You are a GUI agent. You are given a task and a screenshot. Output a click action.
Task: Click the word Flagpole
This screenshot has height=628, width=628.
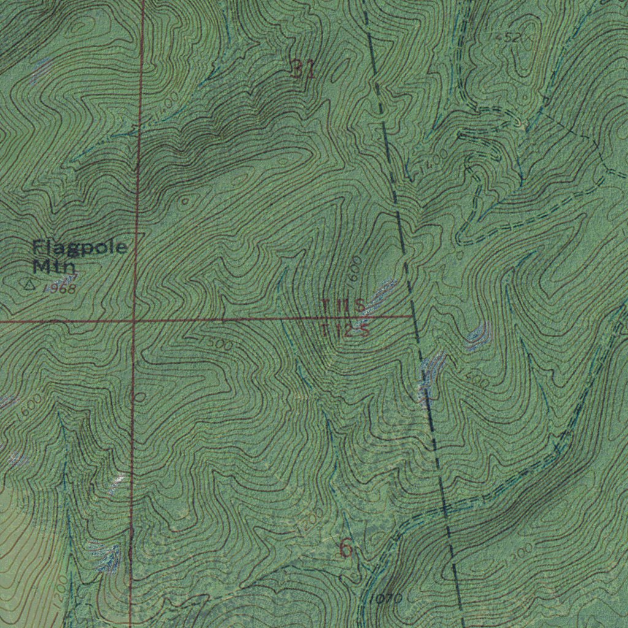click(x=80, y=248)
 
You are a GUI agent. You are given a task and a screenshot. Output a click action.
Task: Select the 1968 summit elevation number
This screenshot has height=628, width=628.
click(x=59, y=289)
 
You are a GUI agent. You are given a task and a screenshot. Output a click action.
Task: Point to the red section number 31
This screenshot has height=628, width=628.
click(x=304, y=71)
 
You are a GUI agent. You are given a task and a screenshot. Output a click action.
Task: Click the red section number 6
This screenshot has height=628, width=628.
click(x=346, y=549)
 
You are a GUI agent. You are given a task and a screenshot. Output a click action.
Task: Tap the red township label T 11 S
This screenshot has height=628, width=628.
click(x=343, y=305)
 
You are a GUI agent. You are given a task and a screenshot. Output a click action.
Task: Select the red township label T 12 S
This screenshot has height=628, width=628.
click(x=344, y=331)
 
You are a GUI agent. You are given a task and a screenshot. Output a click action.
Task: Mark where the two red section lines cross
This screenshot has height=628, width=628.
click(x=134, y=320)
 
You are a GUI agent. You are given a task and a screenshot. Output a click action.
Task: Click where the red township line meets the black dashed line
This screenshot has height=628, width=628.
click(x=412, y=317)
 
